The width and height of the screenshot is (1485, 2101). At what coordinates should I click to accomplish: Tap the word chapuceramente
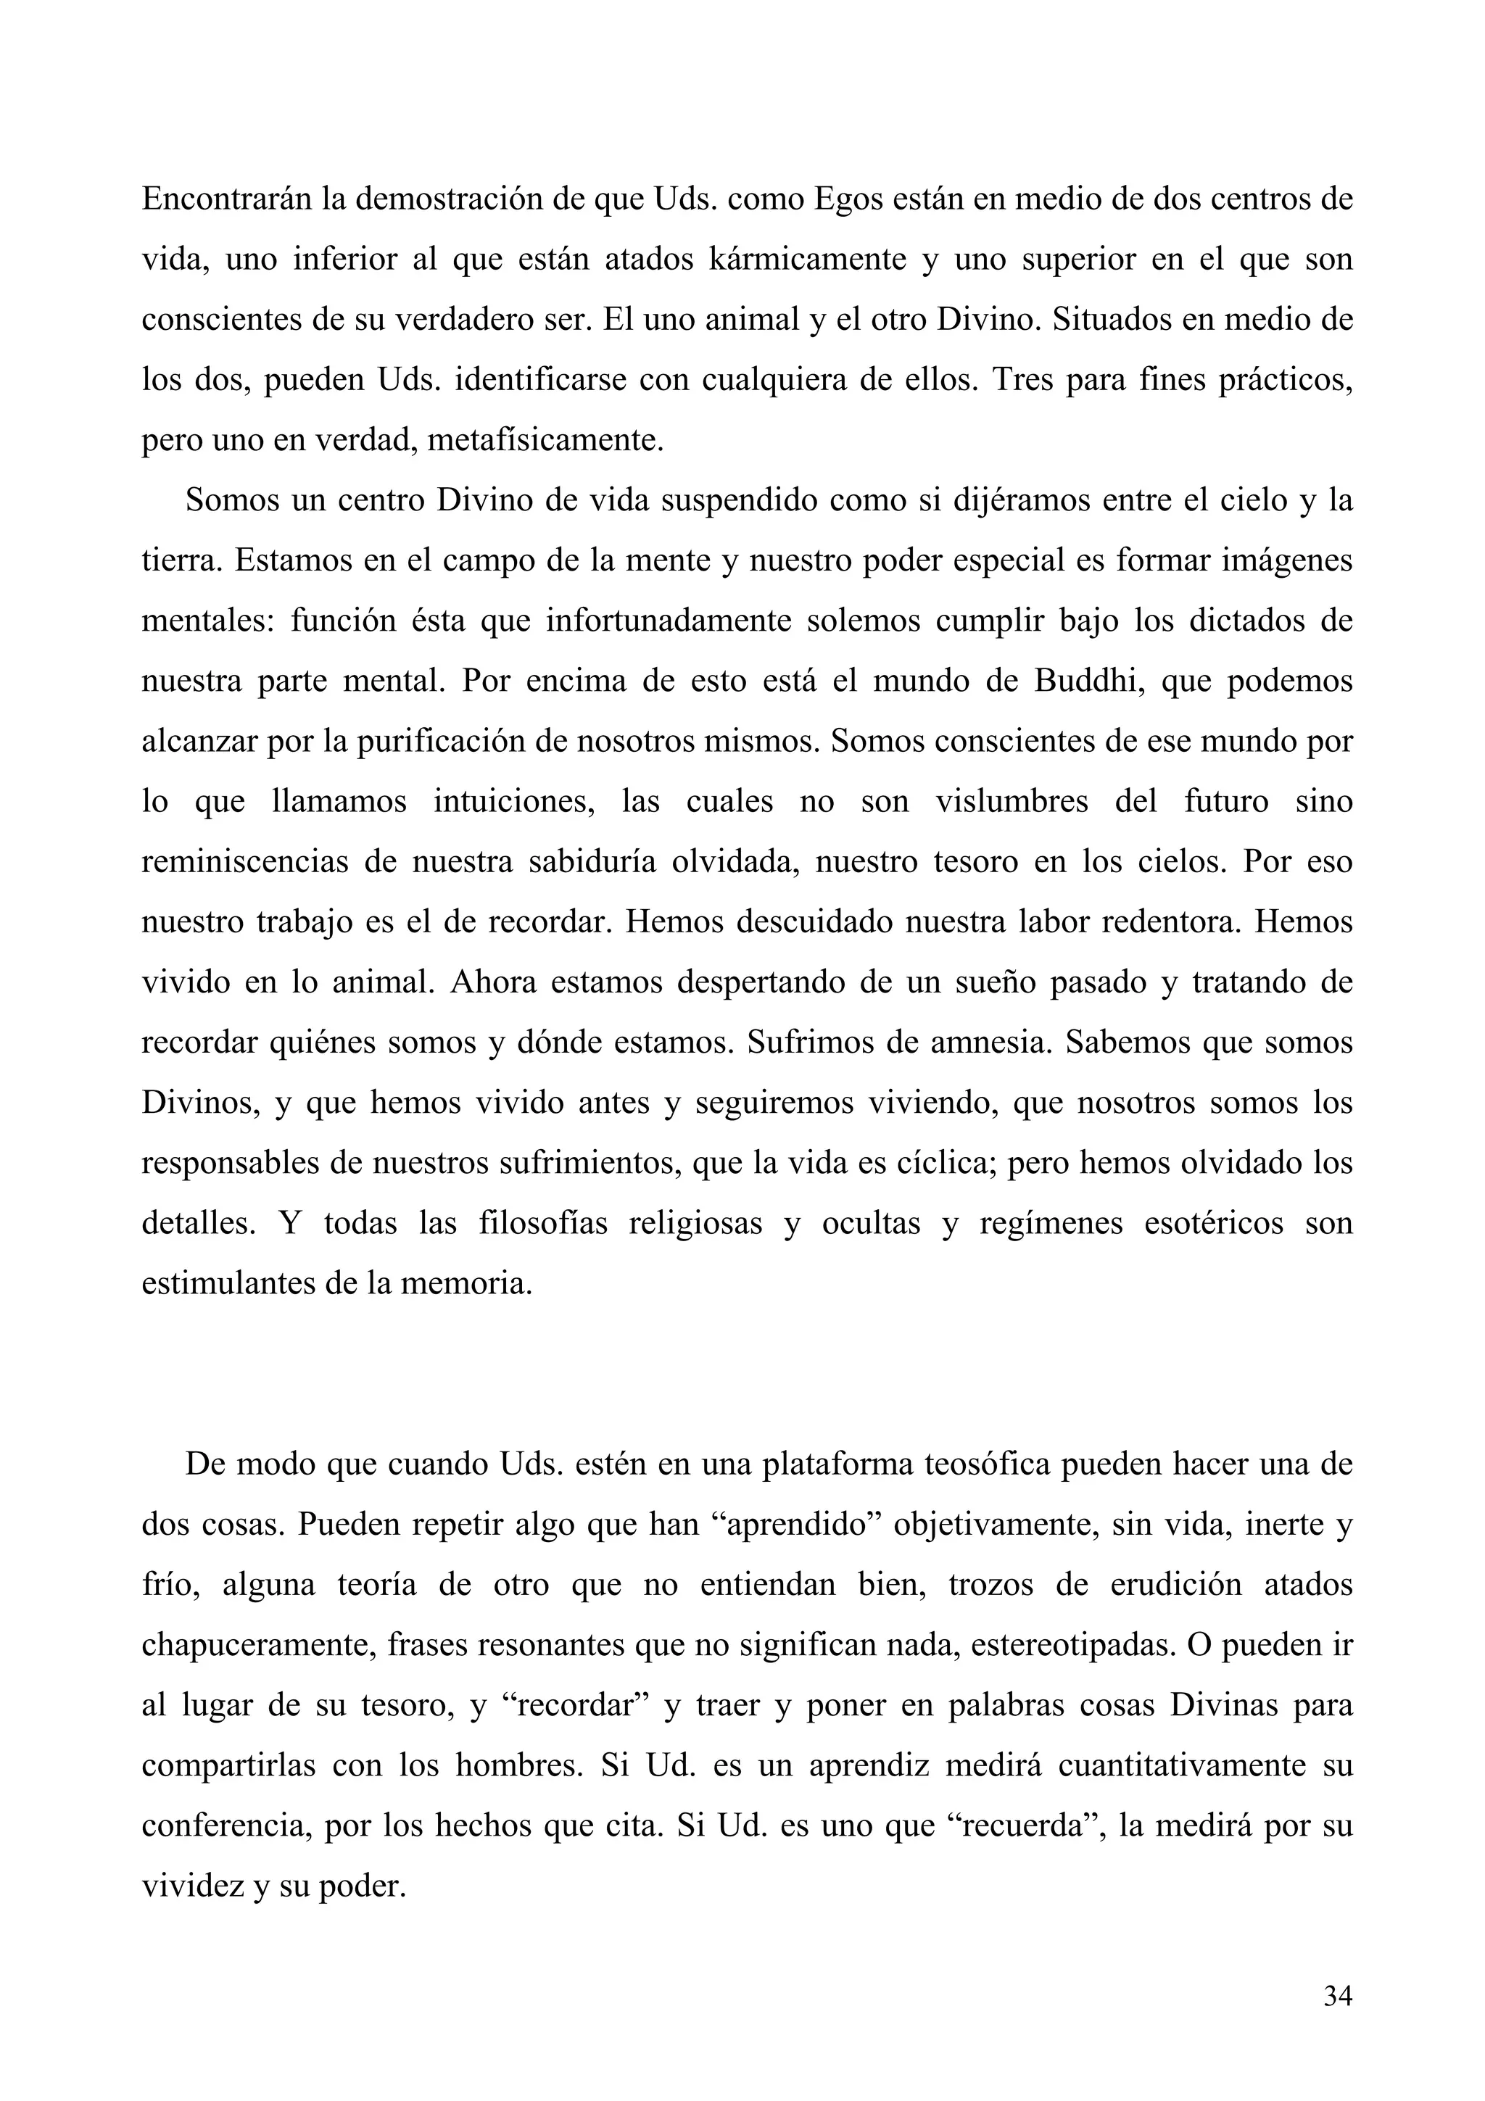(258, 1645)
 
